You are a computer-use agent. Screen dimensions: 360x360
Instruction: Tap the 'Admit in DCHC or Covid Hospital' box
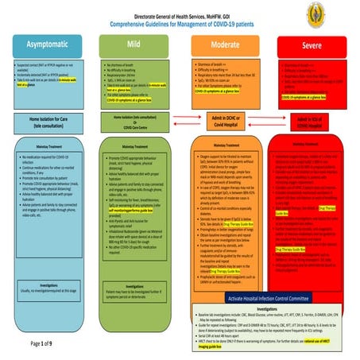[x=225, y=121]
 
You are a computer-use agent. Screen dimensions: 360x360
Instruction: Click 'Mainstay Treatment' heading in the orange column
[x=225, y=145]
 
